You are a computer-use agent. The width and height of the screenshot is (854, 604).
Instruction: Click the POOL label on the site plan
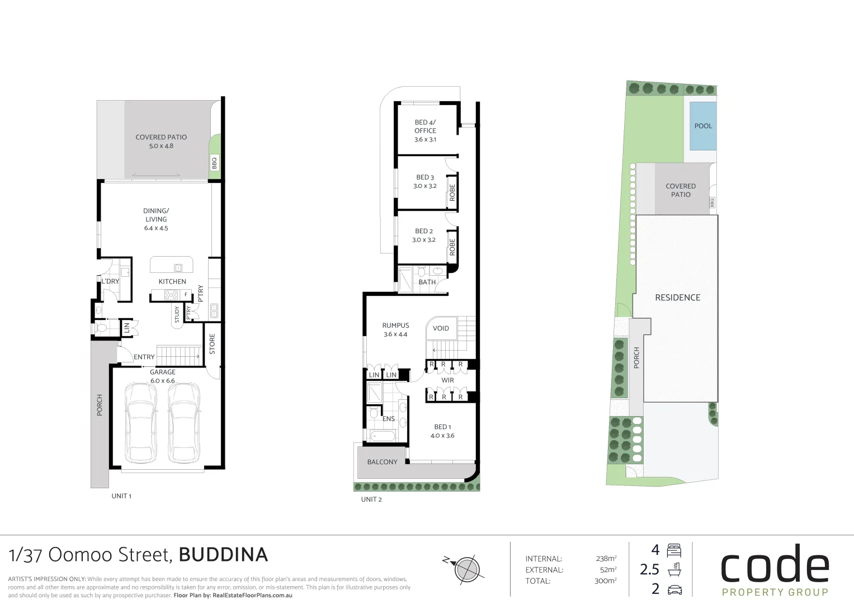pos(703,126)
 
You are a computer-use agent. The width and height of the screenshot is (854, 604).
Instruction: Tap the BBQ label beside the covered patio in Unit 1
pos(214,163)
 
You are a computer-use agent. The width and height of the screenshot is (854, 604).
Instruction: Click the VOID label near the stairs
pos(441,328)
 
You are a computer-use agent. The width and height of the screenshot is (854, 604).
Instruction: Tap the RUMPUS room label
pos(395,325)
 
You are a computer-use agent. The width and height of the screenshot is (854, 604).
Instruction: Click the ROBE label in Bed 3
pos(452,193)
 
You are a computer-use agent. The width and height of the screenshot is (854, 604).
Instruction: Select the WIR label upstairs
pos(448,380)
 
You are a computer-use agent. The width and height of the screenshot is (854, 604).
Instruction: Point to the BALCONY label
pos(382,462)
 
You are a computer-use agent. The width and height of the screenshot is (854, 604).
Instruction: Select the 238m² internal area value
pos(606,558)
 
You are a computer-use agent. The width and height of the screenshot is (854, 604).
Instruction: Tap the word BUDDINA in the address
pos(223,555)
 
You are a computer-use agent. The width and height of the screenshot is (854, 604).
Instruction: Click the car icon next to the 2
pos(675,589)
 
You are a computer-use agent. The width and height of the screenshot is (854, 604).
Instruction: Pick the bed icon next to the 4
pos(674,550)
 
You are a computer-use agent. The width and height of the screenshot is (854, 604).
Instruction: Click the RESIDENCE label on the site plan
pos(677,298)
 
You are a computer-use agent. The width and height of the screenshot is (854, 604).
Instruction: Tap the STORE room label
pos(212,344)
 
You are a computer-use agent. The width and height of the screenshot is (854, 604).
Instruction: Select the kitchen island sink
pos(178,268)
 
